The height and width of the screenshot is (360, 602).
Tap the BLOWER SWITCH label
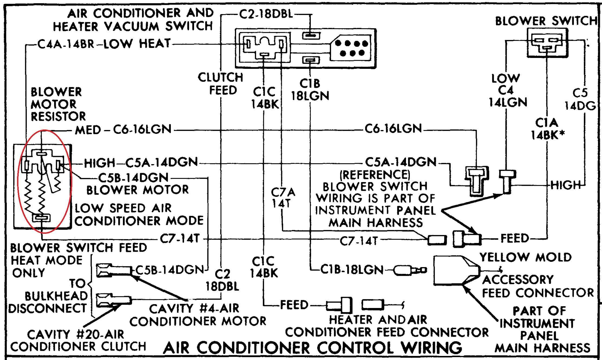545,21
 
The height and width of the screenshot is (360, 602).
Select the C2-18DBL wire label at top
266,14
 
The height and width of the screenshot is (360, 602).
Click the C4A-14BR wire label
66,44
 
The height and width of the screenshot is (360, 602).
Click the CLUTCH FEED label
221,84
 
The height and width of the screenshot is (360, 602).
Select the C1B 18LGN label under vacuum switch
310,90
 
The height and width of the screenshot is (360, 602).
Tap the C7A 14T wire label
283,198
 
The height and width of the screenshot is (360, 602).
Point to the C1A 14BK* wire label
547,129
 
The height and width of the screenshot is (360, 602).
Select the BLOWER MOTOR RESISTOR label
58,104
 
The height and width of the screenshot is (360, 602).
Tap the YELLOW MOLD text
525,257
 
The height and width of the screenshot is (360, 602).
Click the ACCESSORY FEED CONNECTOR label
537,286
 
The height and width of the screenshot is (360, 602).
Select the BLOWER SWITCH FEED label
78,248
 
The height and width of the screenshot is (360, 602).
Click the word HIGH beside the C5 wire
565,185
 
